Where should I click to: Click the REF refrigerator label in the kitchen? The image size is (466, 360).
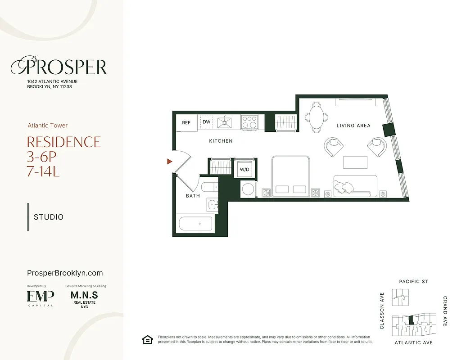pos(186,122)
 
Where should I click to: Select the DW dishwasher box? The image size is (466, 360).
pos(207,122)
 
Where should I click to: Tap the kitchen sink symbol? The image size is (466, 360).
pos(224,122)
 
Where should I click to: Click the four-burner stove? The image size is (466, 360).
pos(249,122)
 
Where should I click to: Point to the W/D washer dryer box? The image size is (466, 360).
pos(244,170)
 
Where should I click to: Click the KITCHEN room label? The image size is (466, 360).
pos(221,141)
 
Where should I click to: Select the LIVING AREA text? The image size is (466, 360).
pos(353,126)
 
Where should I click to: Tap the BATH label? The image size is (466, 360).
pos(193,196)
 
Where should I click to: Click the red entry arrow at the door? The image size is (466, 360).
pos(170,161)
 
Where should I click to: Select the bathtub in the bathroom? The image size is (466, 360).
pos(195,224)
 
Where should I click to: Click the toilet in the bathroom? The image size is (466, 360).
pos(209,188)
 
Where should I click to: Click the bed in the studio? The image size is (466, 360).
pos(290,175)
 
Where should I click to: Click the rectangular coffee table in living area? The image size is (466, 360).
pos(352,162)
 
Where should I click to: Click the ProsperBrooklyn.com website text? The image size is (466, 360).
pos(65,273)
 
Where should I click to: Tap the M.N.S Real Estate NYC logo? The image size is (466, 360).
pos(84,299)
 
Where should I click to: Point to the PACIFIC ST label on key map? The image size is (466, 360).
pos(413,282)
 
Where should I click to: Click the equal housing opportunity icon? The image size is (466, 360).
pos(147,340)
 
